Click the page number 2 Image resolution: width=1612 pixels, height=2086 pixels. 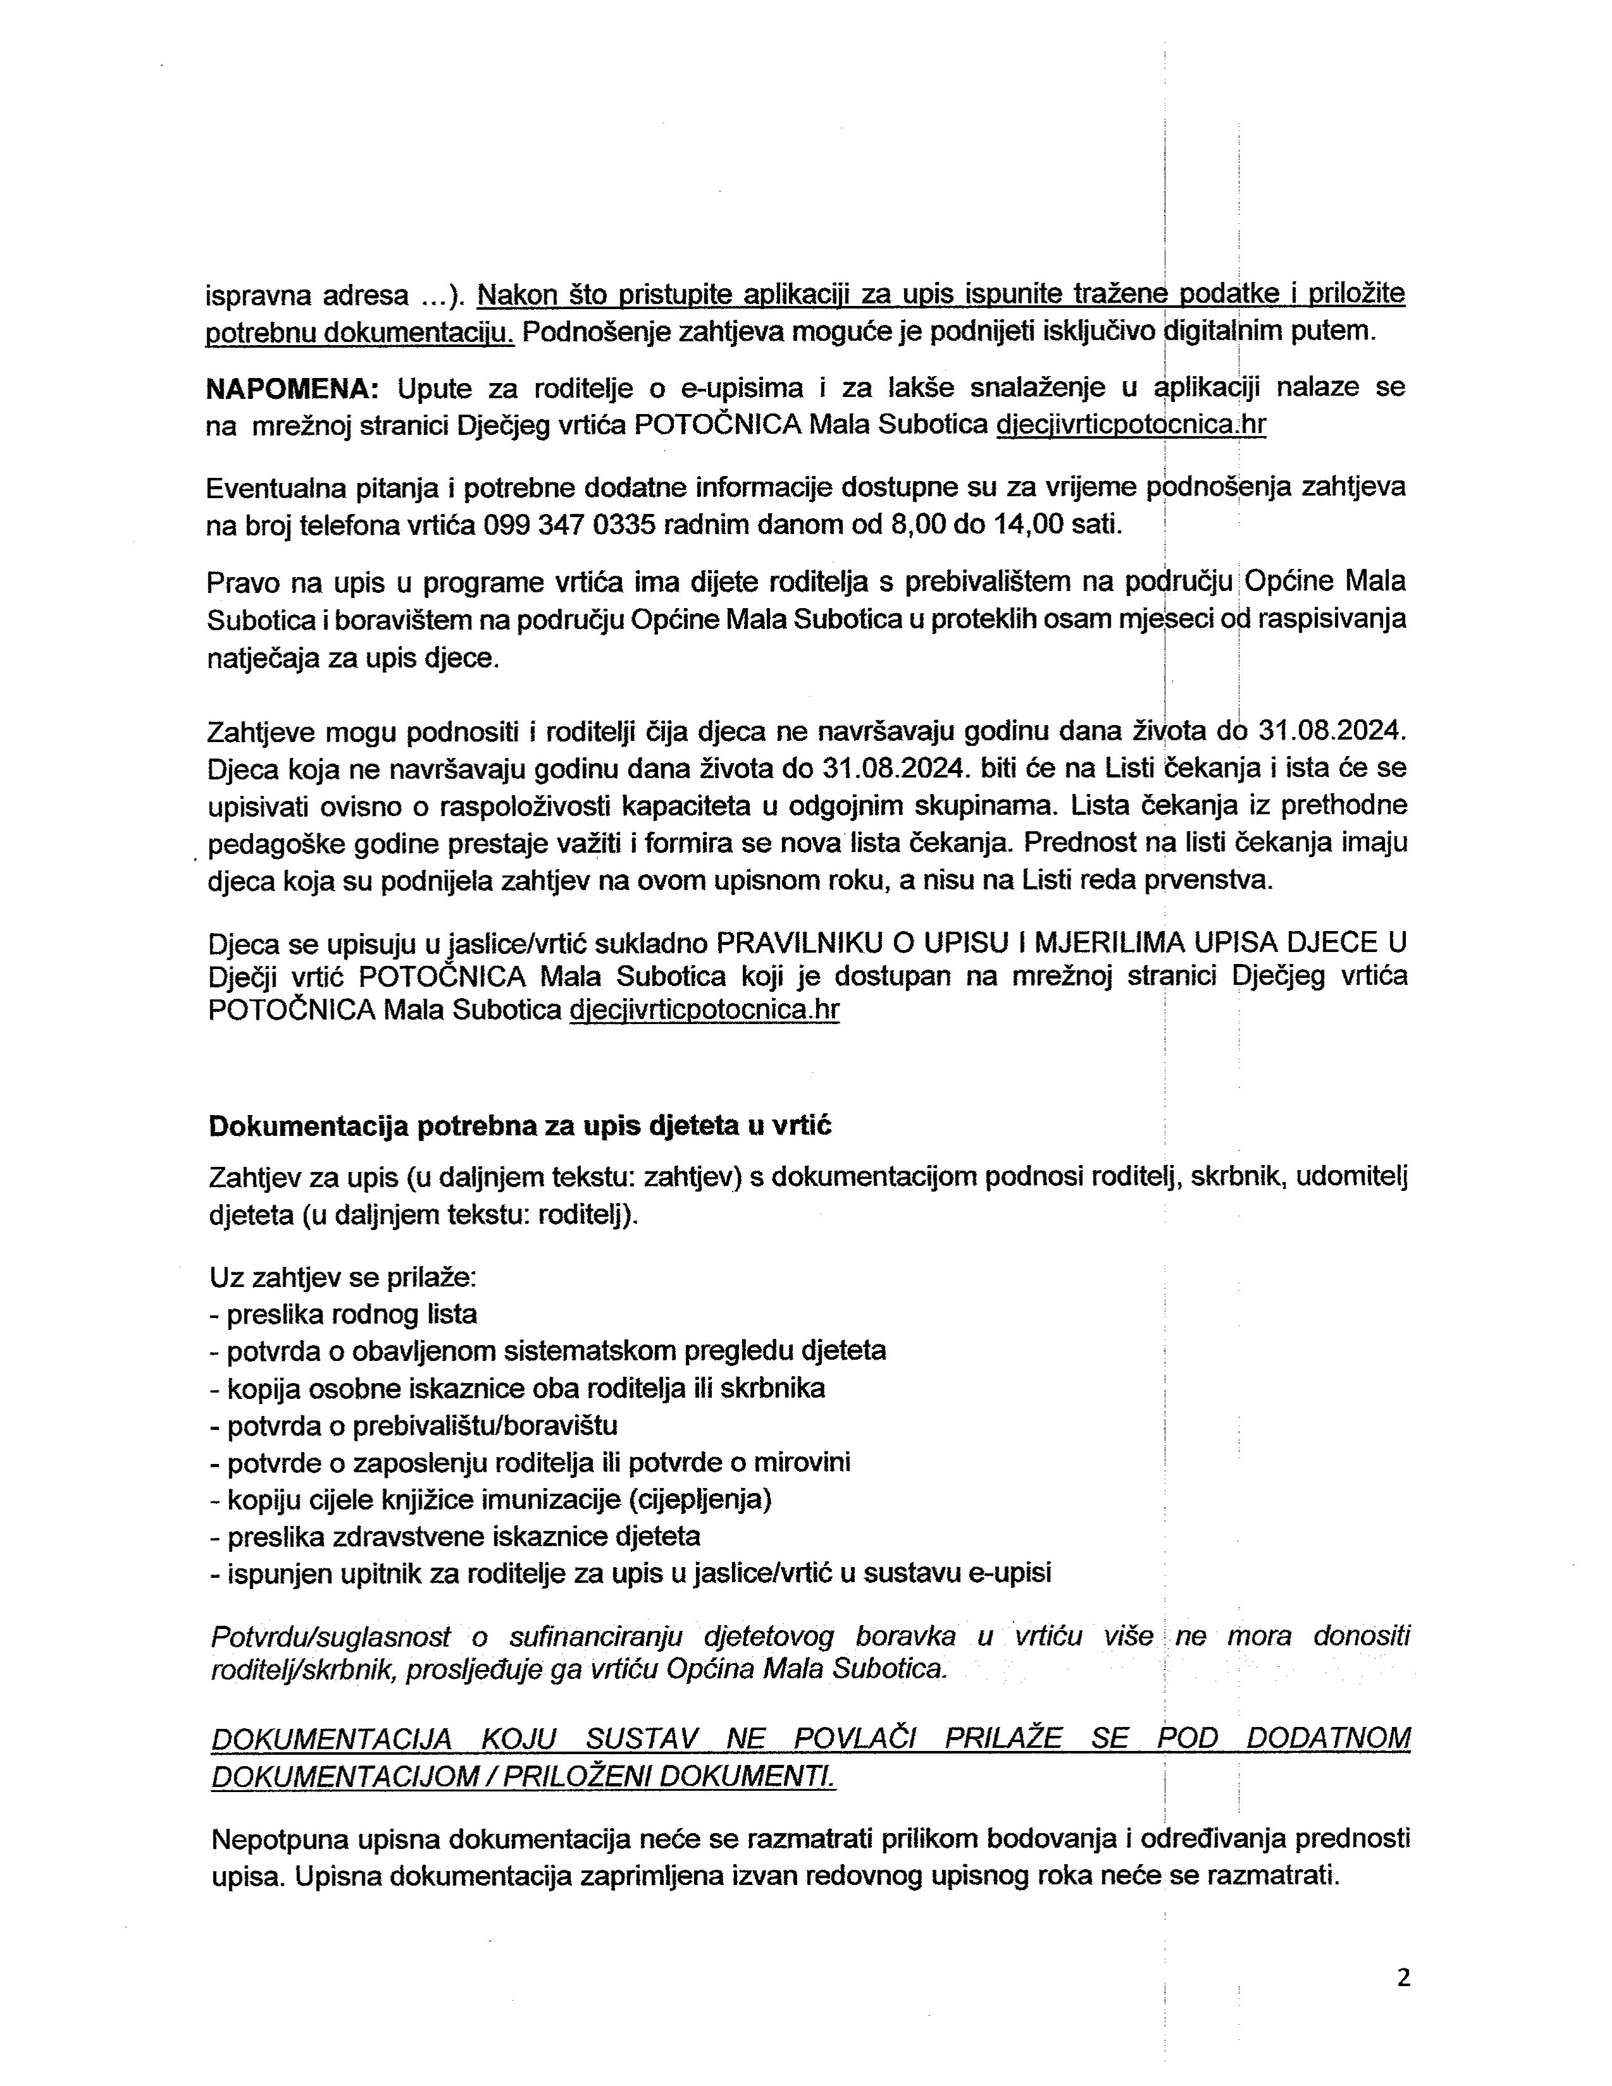tap(1403, 1978)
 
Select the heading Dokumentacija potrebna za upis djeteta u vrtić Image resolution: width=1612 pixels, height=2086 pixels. tap(520, 1126)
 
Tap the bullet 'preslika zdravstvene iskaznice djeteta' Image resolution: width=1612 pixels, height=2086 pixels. tap(455, 1536)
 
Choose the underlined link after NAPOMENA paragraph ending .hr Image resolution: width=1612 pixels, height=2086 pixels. tap(1131, 425)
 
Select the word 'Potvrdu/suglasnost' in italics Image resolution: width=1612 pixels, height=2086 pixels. tap(331, 1636)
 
